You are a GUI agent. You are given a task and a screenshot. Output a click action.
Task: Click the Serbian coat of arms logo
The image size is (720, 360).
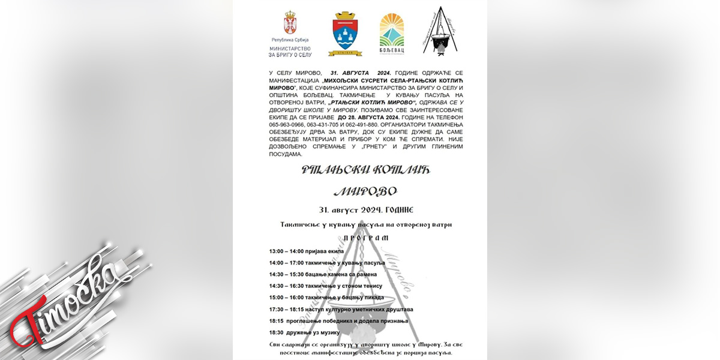[x=290, y=24]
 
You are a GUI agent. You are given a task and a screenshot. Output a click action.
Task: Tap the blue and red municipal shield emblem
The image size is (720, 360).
[x=346, y=34]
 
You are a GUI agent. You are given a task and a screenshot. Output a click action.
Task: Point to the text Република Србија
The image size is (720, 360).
[x=290, y=40]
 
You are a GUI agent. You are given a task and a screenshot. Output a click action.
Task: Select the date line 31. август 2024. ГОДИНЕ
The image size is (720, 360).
[x=366, y=210]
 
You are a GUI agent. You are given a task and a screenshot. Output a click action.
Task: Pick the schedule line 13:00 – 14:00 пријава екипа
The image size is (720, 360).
[x=307, y=251]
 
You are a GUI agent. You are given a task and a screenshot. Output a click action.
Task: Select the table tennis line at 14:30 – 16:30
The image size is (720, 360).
[x=326, y=286]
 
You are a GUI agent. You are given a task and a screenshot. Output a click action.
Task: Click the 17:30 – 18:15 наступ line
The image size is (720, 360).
[x=341, y=310]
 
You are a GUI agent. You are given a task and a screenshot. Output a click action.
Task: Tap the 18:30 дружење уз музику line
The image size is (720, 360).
[x=305, y=332]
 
